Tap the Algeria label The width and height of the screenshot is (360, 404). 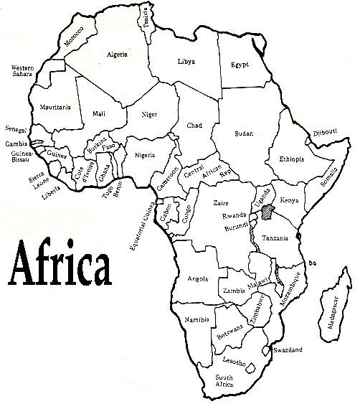(117, 55)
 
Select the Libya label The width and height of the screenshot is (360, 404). (186, 62)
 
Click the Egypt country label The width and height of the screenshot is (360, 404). (240, 65)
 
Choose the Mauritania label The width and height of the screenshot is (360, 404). (55, 107)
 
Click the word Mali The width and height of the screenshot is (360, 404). (99, 113)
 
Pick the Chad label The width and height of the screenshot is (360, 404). (194, 126)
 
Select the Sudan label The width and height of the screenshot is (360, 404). (245, 133)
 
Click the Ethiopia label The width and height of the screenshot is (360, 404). (291, 159)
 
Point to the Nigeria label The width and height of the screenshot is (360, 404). (147, 156)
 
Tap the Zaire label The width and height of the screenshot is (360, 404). (221, 203)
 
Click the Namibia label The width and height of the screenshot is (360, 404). (196, 318)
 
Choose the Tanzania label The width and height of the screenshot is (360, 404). (275, 238)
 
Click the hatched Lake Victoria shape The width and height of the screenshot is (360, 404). (267, 211)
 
